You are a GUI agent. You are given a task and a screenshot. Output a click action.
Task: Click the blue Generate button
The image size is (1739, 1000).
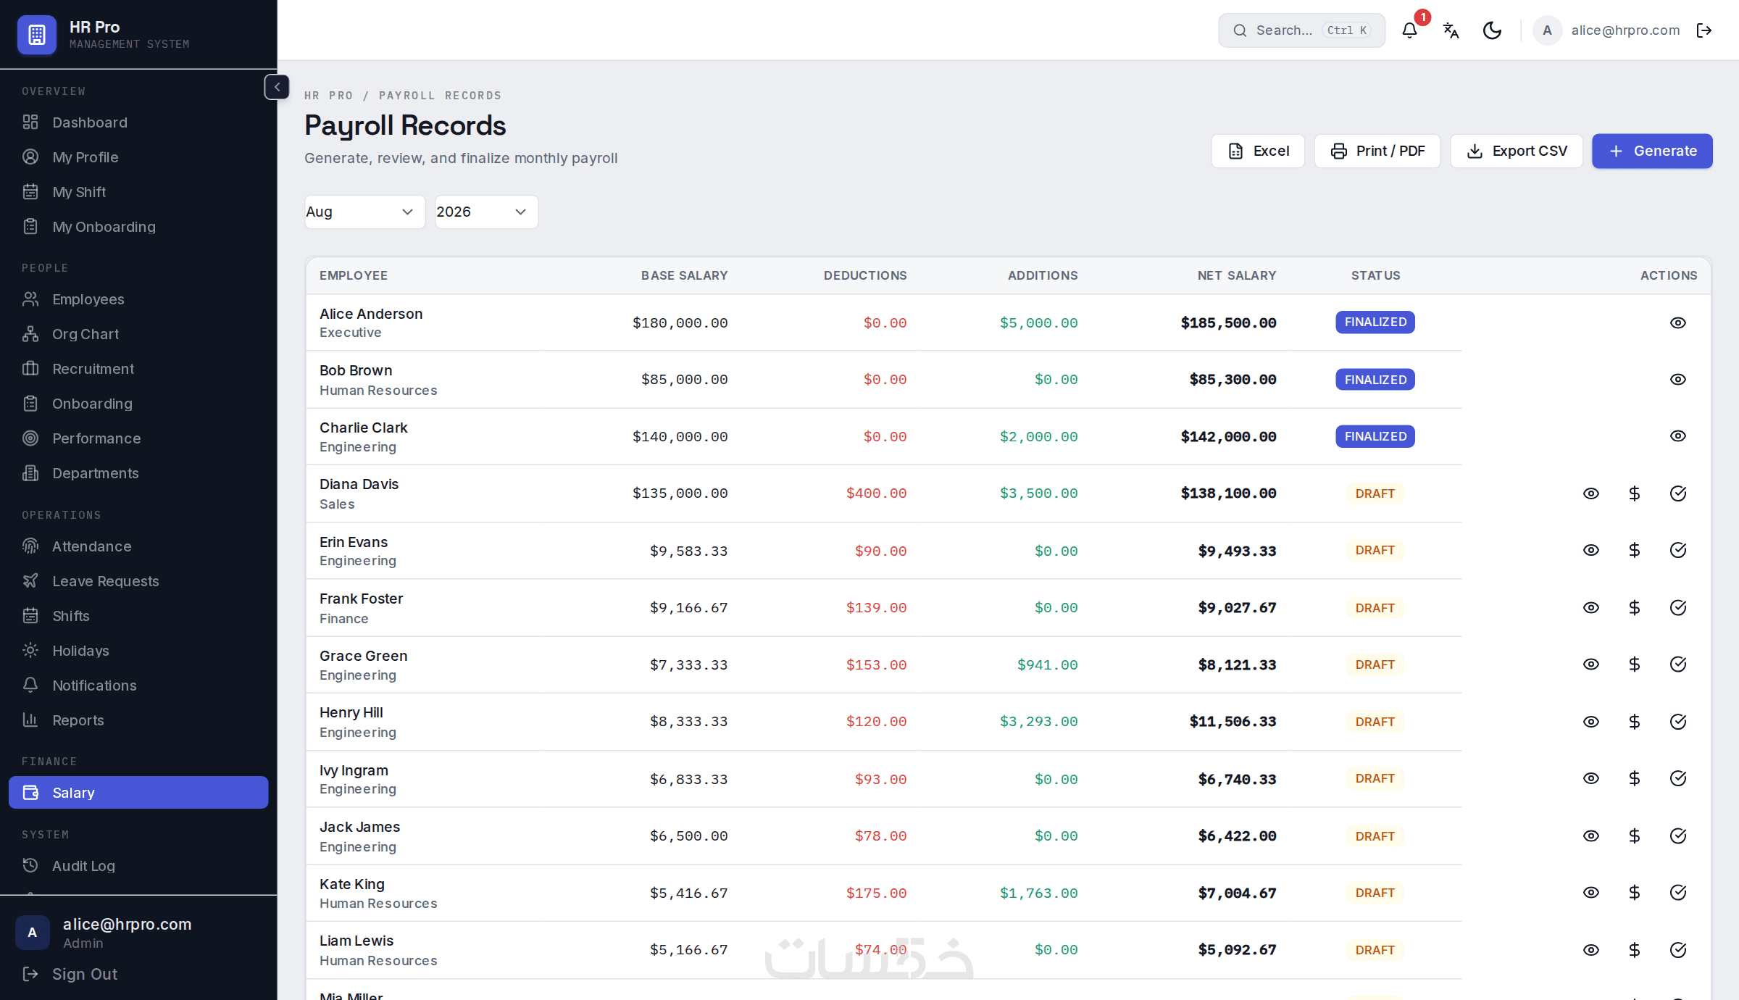[x=1652, y=151]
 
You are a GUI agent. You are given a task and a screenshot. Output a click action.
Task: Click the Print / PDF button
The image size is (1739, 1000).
[x=1377, y=151]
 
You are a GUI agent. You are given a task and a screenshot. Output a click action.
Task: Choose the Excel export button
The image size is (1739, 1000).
[x=1258, y=151]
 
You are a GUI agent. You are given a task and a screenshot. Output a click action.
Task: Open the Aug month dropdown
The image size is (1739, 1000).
[x=364, y=212]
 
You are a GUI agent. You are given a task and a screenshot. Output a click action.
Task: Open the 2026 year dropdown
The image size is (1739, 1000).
[x=486, y=212]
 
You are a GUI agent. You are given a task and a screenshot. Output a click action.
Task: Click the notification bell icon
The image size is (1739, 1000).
[x=1409, y=30]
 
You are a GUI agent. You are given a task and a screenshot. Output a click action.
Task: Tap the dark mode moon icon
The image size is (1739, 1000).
[x=1492, y=30]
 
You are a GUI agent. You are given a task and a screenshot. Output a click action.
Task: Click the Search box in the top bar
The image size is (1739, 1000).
[x=1301, y=30]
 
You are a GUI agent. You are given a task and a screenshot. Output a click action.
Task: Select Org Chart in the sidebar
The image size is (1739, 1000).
[x=86, y=334]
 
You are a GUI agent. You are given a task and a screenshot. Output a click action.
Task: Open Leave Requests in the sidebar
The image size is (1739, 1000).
[x=105, y=581]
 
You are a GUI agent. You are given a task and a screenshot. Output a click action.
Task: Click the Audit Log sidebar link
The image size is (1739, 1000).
[x=83, y=866]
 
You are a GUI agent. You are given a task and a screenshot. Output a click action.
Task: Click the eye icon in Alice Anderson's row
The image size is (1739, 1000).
[x=1678, y=322]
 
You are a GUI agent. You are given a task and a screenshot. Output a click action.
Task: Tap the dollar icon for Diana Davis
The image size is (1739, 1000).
[x=1635, y=493]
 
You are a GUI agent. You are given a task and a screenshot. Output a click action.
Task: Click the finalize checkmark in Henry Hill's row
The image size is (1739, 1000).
[x=1678, y=722]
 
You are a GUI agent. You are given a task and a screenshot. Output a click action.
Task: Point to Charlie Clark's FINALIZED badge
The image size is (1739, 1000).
[x=1375, y=436]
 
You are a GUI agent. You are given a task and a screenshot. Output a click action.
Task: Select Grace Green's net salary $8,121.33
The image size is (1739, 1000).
[x=1237, y=664]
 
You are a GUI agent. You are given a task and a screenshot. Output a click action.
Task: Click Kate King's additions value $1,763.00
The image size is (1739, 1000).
[x=1039, y=893]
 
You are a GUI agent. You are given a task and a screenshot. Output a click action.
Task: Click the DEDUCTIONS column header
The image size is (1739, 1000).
[x=865, y=275]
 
